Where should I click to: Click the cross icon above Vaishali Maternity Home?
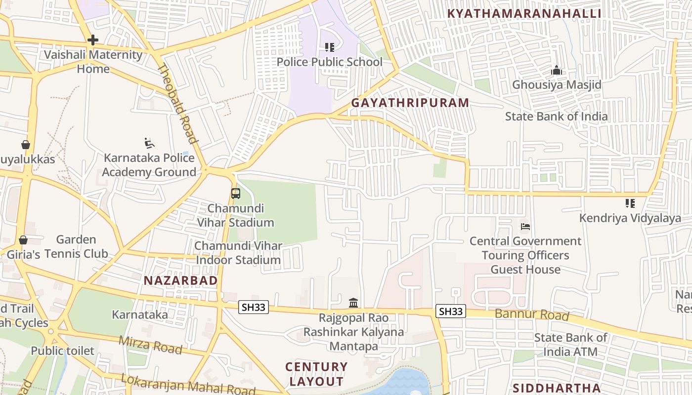coord(92,40)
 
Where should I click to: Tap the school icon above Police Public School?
coord(330,47)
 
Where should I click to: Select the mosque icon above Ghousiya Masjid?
coord(557,71)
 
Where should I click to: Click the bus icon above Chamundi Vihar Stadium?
coord(236,194)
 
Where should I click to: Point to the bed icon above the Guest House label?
coord(525,227)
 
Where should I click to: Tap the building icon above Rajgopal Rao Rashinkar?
coord(353,303)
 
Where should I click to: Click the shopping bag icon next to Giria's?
coord(23,240)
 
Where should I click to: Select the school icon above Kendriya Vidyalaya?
coord(630,203)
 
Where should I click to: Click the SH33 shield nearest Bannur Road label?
coord(451,311)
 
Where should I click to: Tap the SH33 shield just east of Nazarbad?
coord(254,307)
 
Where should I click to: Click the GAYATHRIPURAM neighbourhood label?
coord(410,103)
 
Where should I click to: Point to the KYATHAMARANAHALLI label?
coord(524,13)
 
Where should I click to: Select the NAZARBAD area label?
coord(180,280)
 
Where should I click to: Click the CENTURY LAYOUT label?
coord(316,374)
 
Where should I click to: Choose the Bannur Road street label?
coord(532,314)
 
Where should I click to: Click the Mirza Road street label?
coord(150,344)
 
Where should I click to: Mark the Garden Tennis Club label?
coord(76,247)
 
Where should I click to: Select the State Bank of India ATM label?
coord(570,345)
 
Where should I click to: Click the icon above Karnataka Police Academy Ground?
coord(149,143)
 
